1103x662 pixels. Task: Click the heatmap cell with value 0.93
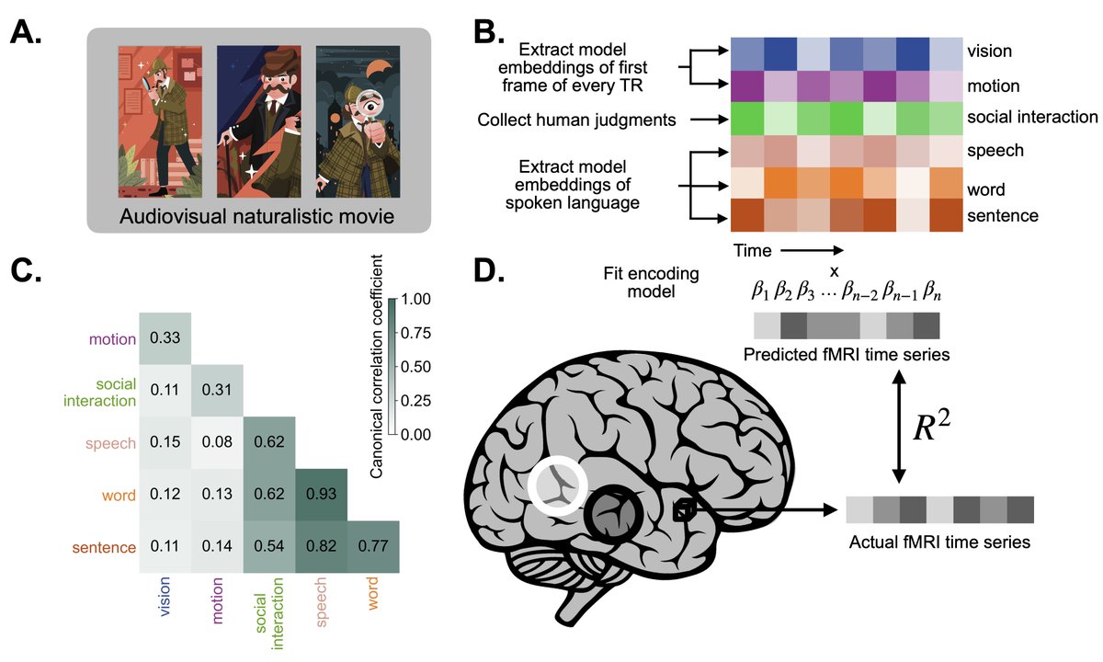320,496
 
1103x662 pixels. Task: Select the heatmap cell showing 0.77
372,547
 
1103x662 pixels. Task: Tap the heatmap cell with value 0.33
165,338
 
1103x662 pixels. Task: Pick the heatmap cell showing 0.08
217,443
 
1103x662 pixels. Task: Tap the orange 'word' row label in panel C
117,496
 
